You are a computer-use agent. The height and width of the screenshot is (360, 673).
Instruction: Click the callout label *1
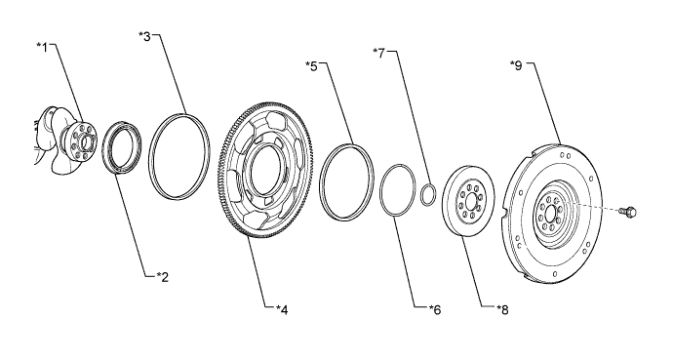click(x=42, y=47)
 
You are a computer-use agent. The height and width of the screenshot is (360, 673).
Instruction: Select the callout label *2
click(x=162, y=277)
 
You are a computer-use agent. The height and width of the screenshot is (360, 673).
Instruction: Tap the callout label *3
click(x=145, y=36)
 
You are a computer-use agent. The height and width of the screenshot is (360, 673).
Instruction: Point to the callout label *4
click(x=282, y=309)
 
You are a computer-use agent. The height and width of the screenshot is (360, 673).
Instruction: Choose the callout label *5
click(x=311, y=66)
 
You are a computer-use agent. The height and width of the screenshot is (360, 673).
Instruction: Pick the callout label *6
click(x=435, y=309)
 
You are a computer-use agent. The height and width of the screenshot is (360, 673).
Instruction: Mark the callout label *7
click(x=379, y=54)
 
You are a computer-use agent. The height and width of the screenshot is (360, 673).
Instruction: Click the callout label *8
click(x=502, y=309)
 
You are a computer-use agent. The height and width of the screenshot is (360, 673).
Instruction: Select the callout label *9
click(x=516, y=65)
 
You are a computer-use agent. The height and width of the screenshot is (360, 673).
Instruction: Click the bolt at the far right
click(x=628, y=211)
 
